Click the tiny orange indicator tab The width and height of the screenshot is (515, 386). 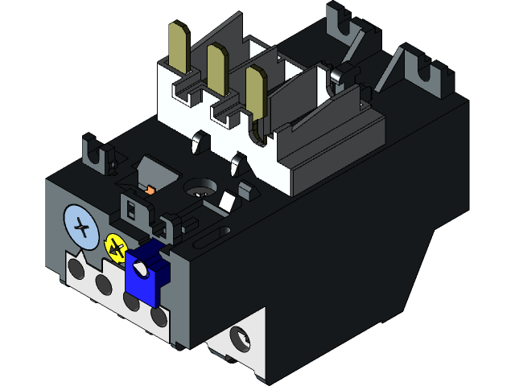150,191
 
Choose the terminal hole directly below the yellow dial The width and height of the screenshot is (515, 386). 103,284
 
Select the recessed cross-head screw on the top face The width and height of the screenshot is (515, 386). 199,190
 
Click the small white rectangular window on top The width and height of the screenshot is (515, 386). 228,201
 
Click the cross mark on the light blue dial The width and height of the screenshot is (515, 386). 80,228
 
